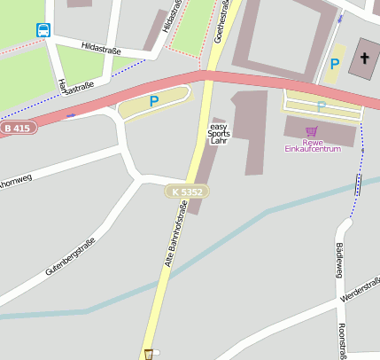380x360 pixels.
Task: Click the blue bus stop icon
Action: (43, 30)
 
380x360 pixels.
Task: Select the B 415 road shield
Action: (18, 129)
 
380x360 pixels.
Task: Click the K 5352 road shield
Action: (188, 191)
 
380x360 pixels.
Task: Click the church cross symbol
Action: (364, 59)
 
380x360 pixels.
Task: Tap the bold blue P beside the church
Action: (334, 64)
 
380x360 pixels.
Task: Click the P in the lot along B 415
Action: (154, 102)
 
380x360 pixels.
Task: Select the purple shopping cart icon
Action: (311, 131)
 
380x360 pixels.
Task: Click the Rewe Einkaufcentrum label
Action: (312, 145)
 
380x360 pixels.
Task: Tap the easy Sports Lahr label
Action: (219, 134)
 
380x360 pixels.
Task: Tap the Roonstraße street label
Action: (342, 341)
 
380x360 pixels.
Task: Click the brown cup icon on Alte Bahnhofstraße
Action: (148, 354)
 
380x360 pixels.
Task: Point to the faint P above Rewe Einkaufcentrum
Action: (322, 106)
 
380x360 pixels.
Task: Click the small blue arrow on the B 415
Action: (69, 114)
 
